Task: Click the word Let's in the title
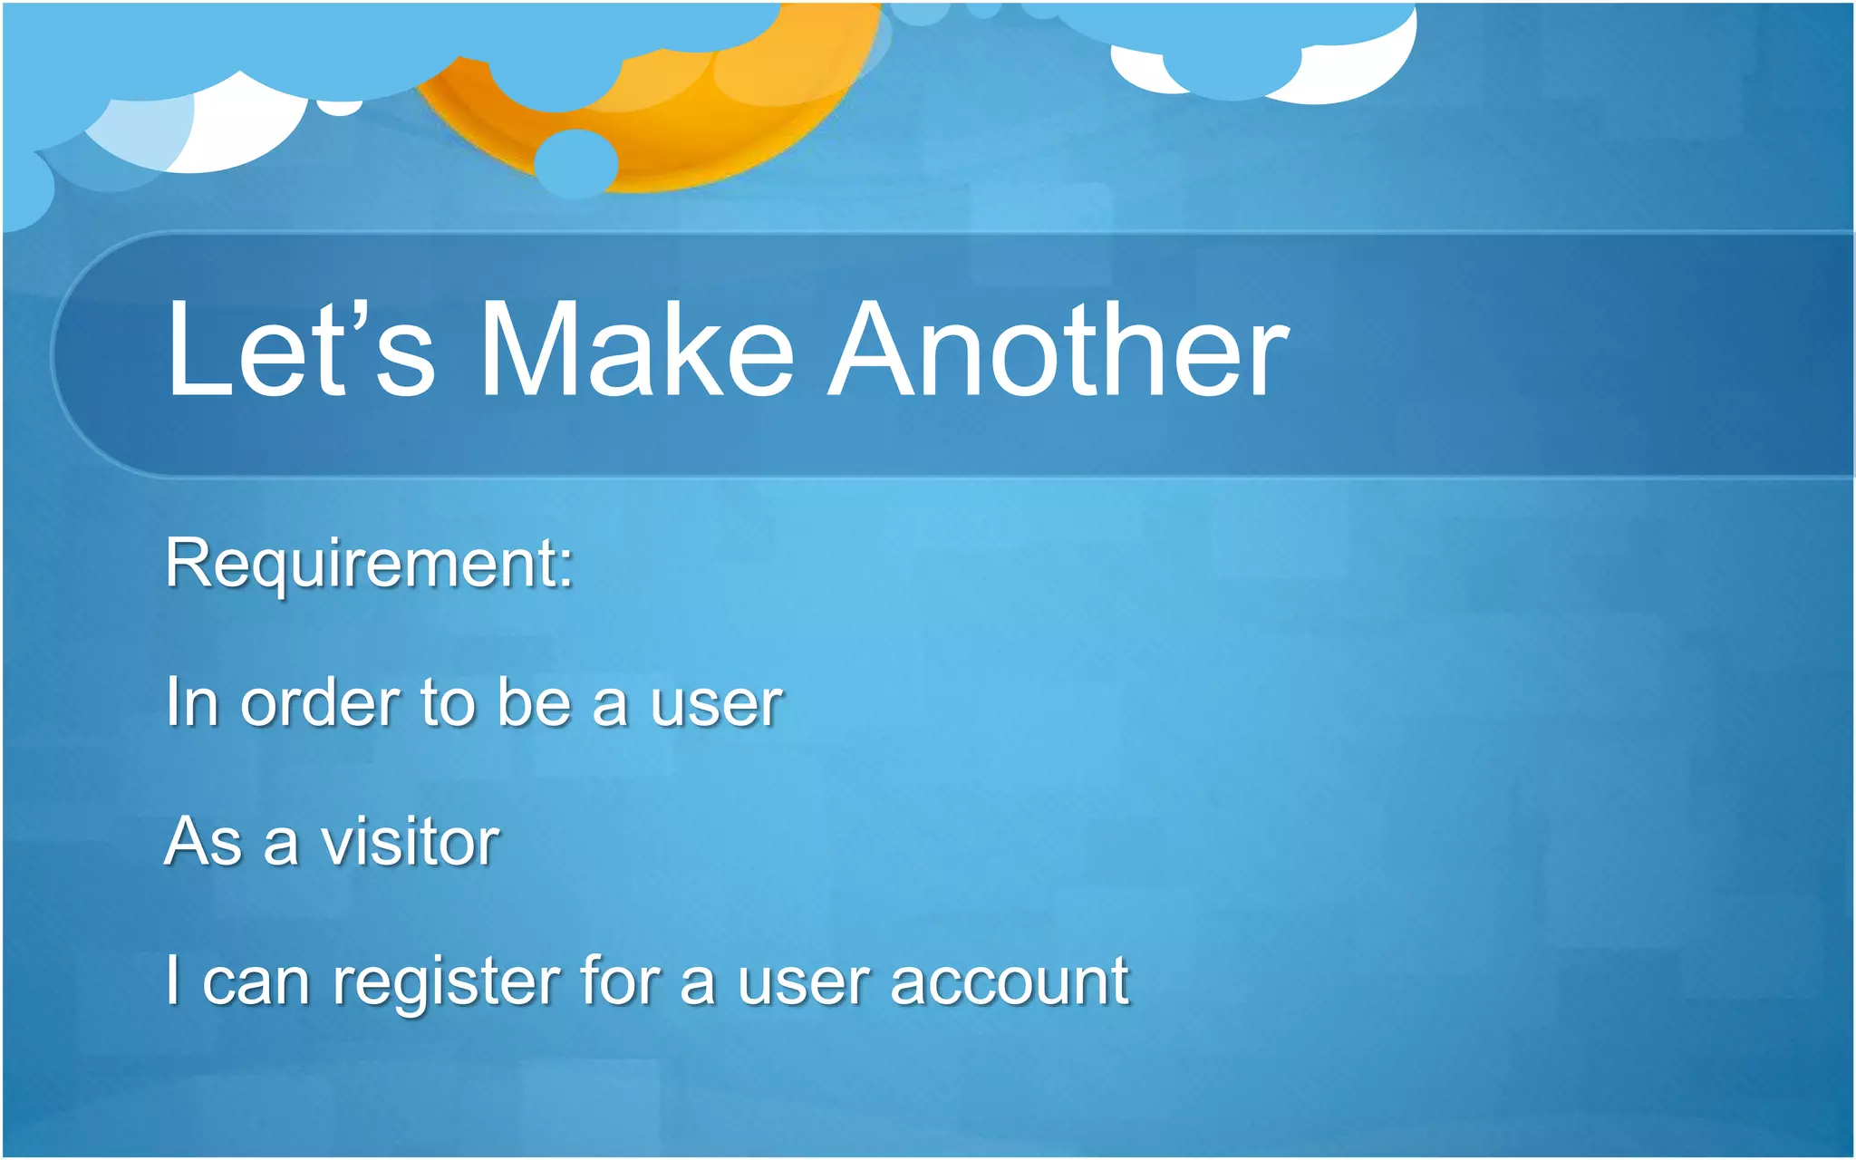[299, 352]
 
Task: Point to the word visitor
[410, 843]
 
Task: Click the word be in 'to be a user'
[534, 704]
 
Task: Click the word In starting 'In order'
[191, 704]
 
